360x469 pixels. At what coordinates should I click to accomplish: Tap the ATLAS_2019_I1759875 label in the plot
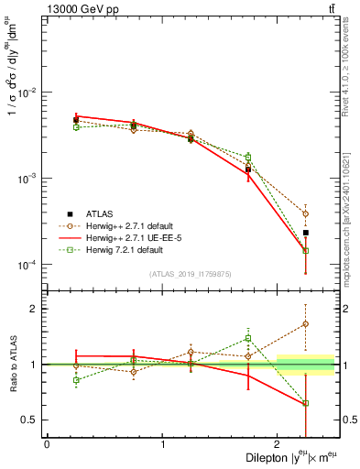point(191,273)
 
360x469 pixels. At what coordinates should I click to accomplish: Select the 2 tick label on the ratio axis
point(36,309)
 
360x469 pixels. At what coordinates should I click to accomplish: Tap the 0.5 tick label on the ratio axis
point(32,420)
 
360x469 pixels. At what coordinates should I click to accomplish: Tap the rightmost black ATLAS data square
point(306,233)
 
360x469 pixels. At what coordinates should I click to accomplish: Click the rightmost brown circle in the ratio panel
point(306,323)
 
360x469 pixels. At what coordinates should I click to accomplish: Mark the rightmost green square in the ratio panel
point(306,403)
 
